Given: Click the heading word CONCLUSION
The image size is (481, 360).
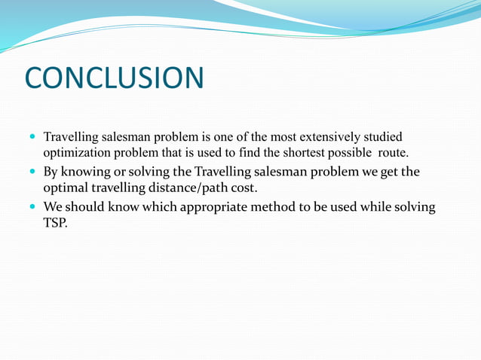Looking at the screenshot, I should coord(114,78).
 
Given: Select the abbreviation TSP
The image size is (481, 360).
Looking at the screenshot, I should coord(55,223).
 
